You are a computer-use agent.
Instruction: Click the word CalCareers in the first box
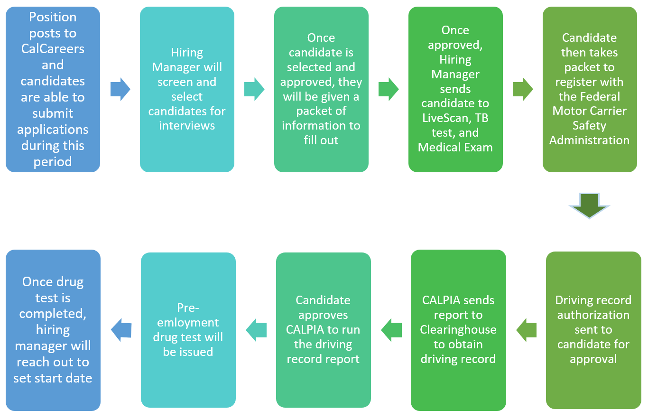[53, 48]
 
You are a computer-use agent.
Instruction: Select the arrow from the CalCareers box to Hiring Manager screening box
[120, 89]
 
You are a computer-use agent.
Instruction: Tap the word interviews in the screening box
[187, 125]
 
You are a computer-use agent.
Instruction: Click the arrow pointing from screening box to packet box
[254, 89]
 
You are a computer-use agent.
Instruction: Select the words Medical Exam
[455, 148]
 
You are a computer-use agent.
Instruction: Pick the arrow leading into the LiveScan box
[389, 89]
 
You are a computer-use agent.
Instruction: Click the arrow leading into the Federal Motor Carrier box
[523, 89]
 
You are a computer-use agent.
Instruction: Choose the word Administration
[589, 140]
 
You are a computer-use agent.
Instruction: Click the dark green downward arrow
[589, 205]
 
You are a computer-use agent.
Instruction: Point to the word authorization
[593, 315]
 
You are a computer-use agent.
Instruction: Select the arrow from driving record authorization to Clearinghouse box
[526, 330]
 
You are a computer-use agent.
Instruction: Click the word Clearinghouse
[458, 329]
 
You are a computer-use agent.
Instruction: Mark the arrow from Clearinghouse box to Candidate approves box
[391, 330]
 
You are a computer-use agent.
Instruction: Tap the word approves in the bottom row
[323, 315]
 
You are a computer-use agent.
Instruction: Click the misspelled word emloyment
[188, 323]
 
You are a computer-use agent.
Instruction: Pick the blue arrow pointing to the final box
[121, 330]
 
